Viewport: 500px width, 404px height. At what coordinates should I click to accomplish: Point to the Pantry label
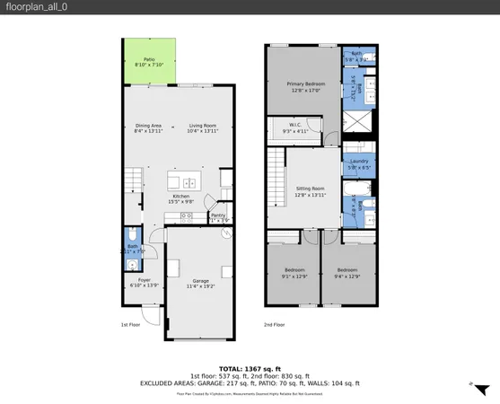(217, 215)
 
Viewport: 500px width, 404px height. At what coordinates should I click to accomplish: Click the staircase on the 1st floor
(133, 180)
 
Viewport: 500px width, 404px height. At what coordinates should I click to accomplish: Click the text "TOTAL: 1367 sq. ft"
(250, 368)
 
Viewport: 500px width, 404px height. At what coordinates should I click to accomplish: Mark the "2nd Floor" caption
(275, 324)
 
